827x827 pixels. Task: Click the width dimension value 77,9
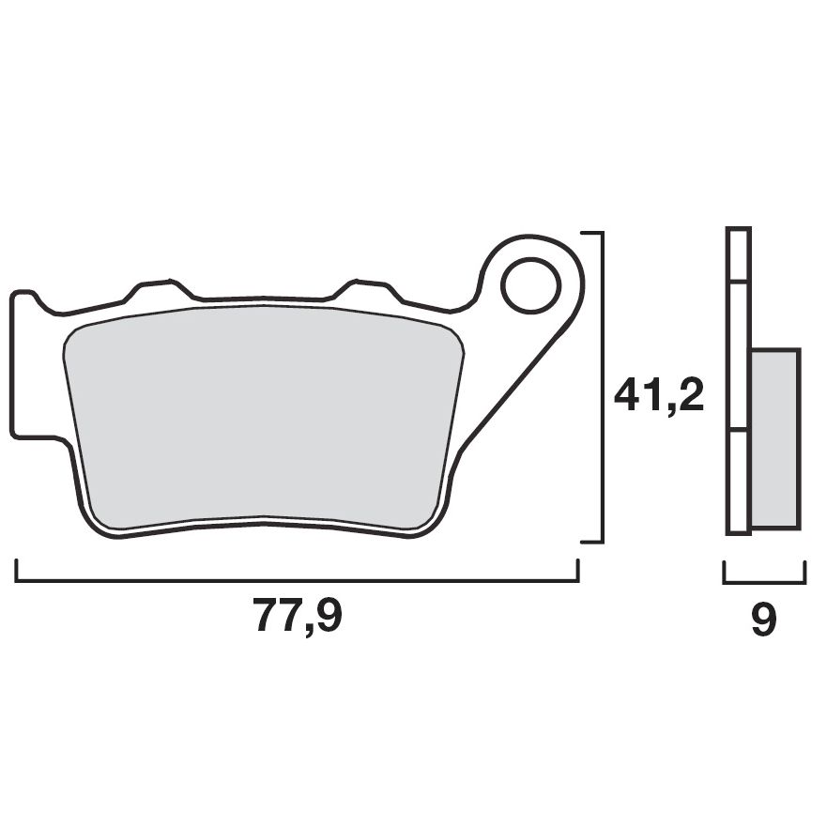(298, 617)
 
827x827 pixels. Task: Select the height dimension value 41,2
(658, 396)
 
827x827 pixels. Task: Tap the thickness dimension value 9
(764, 620)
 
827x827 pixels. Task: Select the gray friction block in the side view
(774, 438)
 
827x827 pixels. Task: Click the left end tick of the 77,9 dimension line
(17, 571)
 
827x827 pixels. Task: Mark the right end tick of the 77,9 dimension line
(577, 571)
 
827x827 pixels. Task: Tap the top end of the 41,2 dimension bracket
(590, 232)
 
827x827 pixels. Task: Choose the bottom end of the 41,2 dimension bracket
(590, 541)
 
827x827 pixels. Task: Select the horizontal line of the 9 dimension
(764, 582)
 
